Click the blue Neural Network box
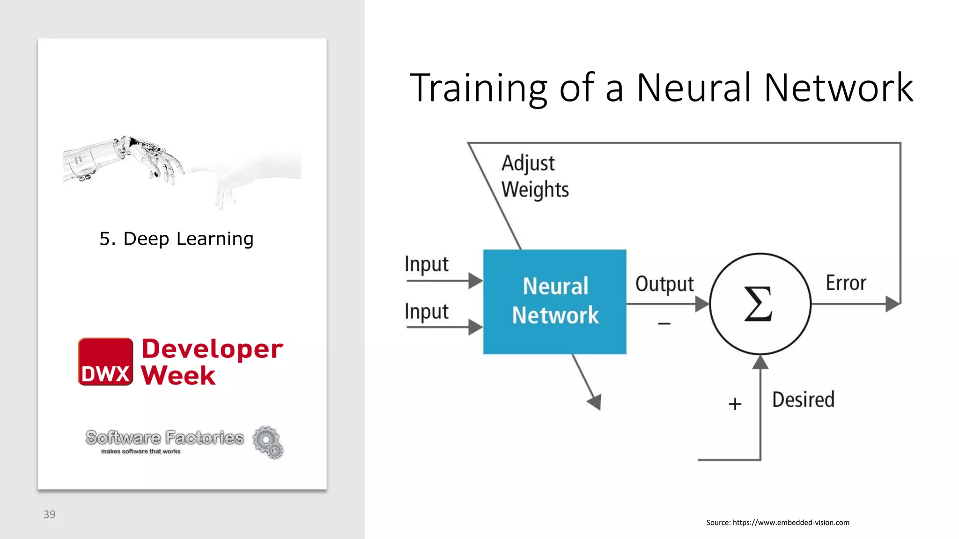pyautogui.click(x=554, y=301)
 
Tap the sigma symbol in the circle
pyautogui.click(x=759, y=304)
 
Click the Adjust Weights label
pyautogui.click(x=535, y=176)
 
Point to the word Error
pyautogui.click(x=846, y=283)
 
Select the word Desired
pyautogui.click(x=803, y=400)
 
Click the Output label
pyautogui.click(x=664, y=284)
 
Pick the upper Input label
pyautogui.click(x=426, y=264)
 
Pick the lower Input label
pyautogui.click(x=426, y=312)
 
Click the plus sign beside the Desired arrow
pyautogui.click(x=735, y=404)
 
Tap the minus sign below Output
pyautogui.click(x=664, y=323)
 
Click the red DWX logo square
pyautogui.click(x=105, y=362)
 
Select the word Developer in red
pyautogui.click(x=212, y=349)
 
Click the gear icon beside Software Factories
pyautogui.click(x=268, y=442)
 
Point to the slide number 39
pyautogui.click(x=49, y=515)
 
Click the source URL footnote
pyautogui.click(x=777, y=523)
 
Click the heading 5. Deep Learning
pyautogui.click(x=177, y=239)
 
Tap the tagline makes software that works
pyautogui.click(x=140, y=452)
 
